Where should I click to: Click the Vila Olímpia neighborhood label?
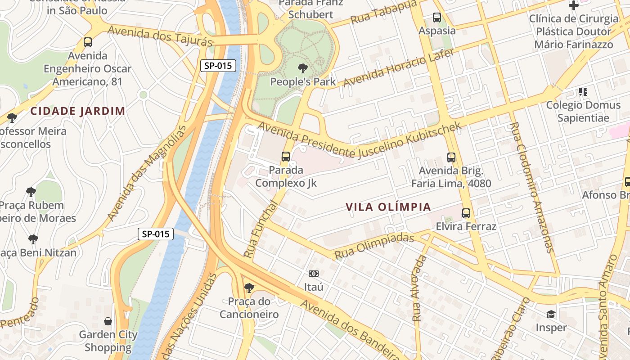388,207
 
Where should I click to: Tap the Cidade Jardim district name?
77,111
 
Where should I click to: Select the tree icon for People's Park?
303,68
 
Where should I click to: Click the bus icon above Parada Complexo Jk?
286,157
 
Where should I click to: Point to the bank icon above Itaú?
314,273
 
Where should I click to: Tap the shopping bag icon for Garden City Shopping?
108,321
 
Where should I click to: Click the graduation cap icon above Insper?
551,314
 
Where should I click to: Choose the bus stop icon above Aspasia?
436,18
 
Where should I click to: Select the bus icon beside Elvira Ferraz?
466,213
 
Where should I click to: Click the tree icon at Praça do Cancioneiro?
248,288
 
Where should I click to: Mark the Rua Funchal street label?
261,229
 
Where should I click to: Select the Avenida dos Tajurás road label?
160,36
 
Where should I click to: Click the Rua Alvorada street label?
419,288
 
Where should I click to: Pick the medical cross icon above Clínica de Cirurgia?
573,5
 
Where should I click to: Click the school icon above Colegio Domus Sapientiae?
583,92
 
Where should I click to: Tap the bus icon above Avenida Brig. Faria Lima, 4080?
451,157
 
